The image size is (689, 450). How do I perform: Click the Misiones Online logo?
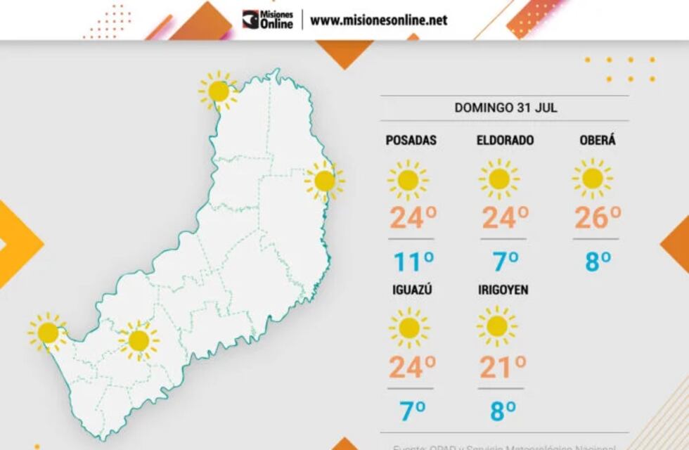pos(268,20)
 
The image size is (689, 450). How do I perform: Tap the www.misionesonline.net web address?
pos(378,20)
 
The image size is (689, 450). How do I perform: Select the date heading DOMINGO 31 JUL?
pos(506,108)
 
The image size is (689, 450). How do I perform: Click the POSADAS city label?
pos(411,141)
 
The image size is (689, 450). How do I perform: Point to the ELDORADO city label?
pos(505,141)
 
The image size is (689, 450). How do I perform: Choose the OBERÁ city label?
pos(598,141)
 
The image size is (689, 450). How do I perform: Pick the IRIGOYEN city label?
pos(503,290)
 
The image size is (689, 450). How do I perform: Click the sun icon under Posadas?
pos(408,180)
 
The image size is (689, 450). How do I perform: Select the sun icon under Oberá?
pos(592,179)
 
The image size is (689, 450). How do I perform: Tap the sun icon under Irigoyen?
pos(497,326)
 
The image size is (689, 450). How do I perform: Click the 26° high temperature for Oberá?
pos(597,219)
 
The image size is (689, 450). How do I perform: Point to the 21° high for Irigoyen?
pos(503,366)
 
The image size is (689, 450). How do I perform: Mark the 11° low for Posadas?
pos(412,262)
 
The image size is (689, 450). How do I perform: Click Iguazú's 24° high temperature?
pos(412,366)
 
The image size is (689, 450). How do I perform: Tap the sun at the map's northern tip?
pos(219,91)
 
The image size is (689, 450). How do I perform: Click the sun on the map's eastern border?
pos(324,181)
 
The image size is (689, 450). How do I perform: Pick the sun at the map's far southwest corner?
pos(48,333)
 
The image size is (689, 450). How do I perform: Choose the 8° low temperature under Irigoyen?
pos(503,410)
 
